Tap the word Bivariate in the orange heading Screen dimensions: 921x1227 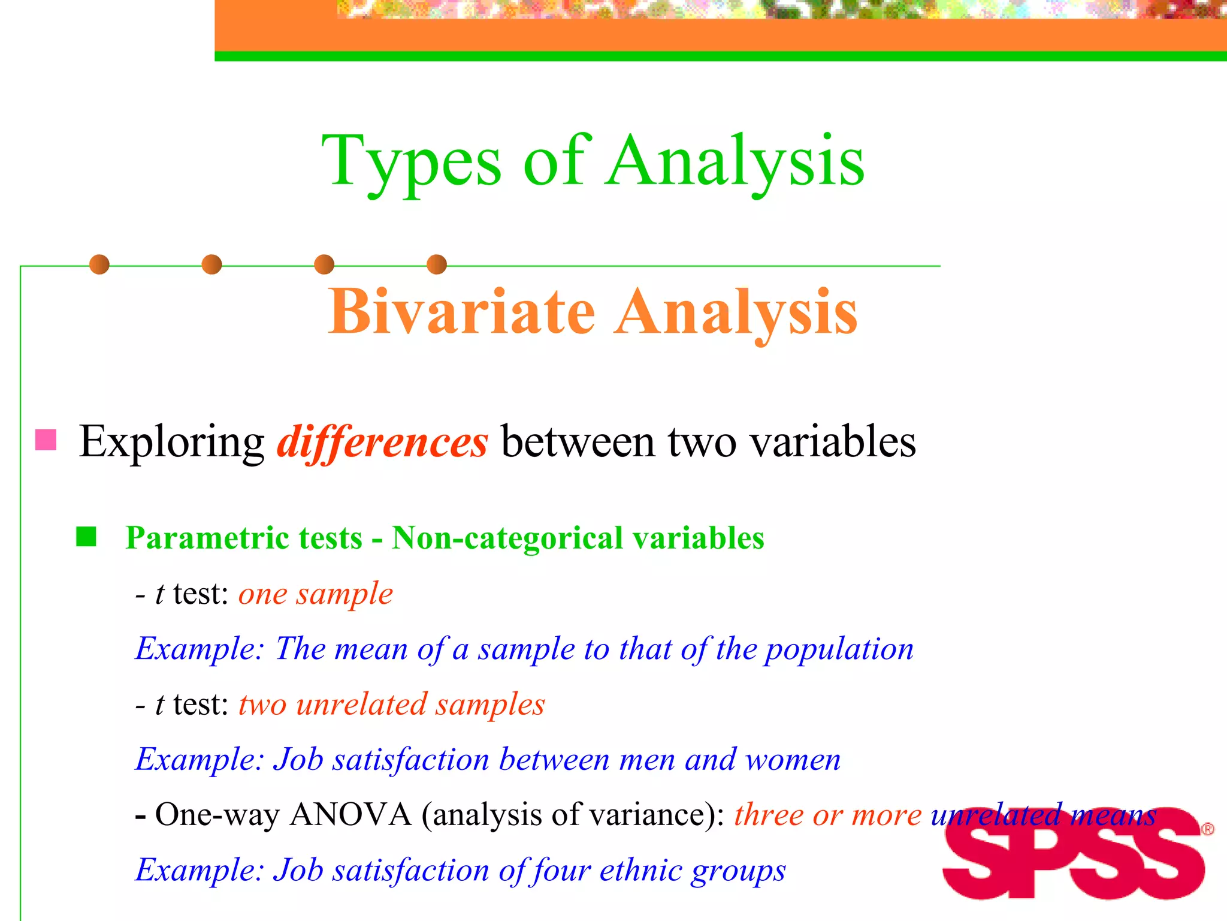pyautogui.click(x=461, y=312)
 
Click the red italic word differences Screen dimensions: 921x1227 pyautogui.click(x=382, y=443)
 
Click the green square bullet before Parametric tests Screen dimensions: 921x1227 pyautogui.click(x=86, y=537)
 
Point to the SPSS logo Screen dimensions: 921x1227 pyautogui.click(x=1072, y=854)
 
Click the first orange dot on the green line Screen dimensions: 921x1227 pyautogui.click(x=99, y=264)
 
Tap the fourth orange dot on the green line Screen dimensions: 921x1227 pyautogui.click(x=437, y=264)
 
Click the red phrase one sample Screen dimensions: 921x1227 pyautogui.click(x=316, y=594)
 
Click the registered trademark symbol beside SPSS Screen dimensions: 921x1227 pyautogui.click(x=1208, y=829)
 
